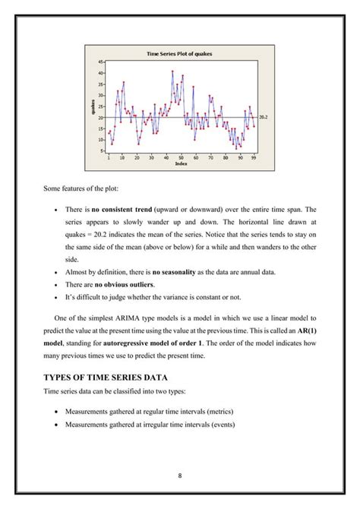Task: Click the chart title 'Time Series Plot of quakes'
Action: point(180,54)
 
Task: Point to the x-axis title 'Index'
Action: point(181,163)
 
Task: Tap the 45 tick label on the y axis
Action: point(102,61)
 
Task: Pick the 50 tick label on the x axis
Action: point(181,157)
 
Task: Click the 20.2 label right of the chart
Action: point(264,118)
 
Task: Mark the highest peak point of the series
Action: point(173,71)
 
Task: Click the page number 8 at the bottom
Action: point(181,476)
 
